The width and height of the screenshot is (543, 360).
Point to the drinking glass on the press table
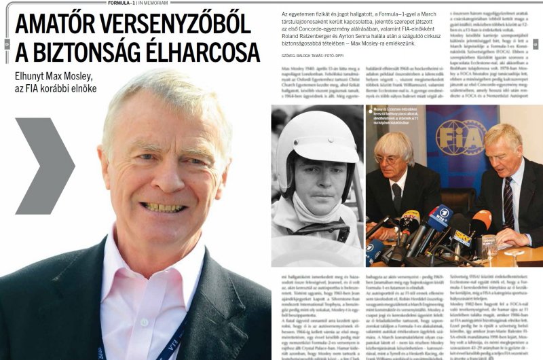(x=489, y=245)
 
